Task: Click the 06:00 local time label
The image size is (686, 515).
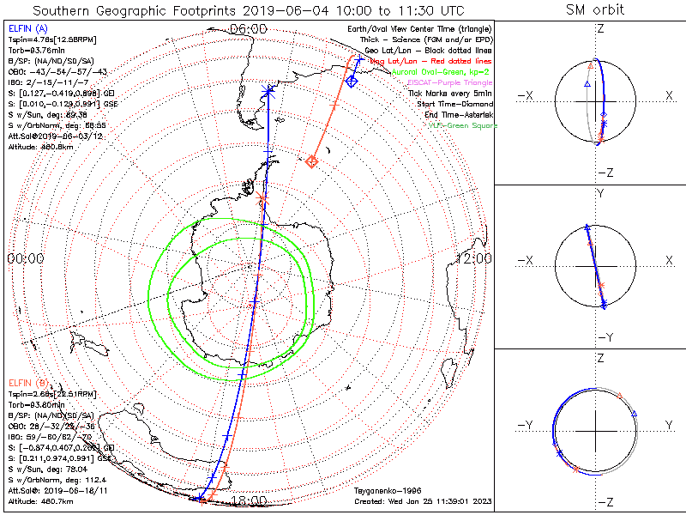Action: coord(249,28)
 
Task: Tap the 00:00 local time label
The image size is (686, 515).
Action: coord(25,258)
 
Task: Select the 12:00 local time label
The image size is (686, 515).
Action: coord(474,258)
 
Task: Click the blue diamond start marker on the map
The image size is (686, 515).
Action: coord(352,81)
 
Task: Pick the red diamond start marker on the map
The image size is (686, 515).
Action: coord(312,161)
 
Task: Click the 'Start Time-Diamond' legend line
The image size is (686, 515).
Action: coord(453,103)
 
